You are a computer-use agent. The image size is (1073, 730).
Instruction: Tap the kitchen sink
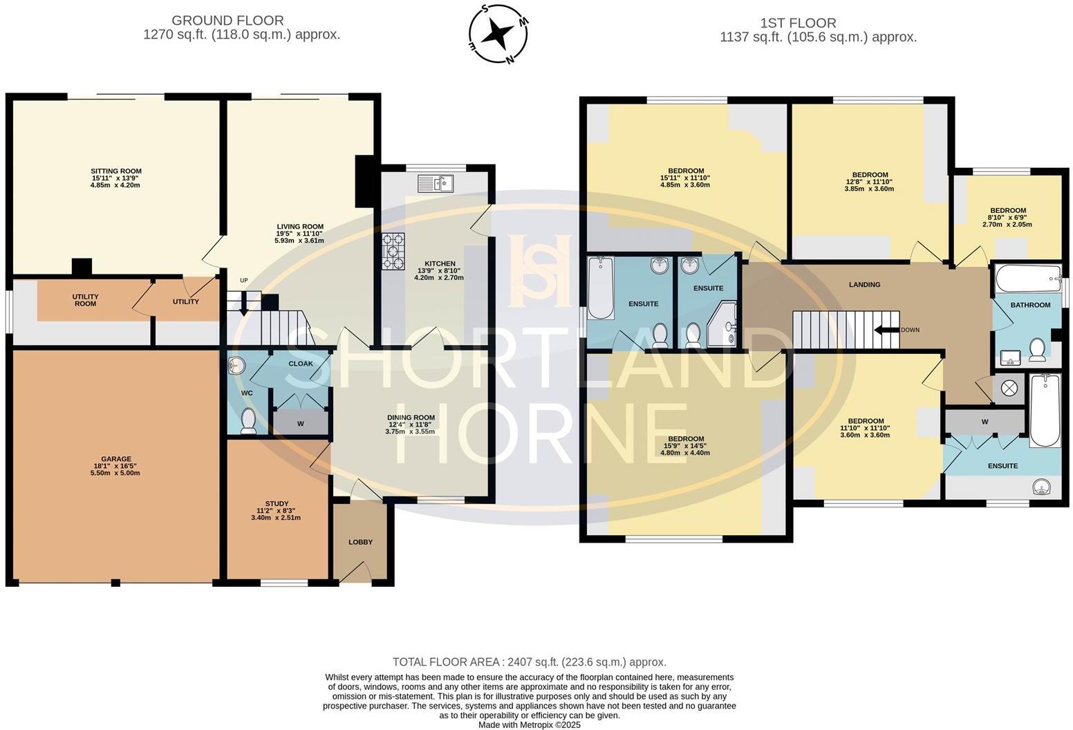pos(435,184)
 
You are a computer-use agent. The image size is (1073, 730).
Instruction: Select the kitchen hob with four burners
pos(394,252)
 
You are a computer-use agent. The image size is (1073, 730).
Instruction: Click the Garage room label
pos(115,465)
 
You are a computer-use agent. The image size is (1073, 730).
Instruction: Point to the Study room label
pos(277,510)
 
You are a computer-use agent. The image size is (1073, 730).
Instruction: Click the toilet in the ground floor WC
pos(248,420)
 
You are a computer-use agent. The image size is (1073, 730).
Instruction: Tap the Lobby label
pos(360,542)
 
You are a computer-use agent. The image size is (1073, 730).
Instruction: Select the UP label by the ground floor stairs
pos(243,281)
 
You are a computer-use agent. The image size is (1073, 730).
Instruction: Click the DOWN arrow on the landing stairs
pos(886,330)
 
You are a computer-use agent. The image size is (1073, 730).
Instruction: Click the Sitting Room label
pos(115,178)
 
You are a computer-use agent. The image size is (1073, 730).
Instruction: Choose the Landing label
pos(864,284)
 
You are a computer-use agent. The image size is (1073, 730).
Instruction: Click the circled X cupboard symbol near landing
pos(1008,389)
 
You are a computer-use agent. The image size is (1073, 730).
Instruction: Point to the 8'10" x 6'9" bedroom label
pos(1007,217)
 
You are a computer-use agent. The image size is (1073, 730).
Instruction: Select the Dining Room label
pos(411,424)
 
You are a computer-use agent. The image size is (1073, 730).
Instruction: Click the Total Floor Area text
pos(529,662)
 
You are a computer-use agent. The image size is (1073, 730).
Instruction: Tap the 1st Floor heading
pos(818,30)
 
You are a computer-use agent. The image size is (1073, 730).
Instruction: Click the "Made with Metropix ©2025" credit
pos(529,725)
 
